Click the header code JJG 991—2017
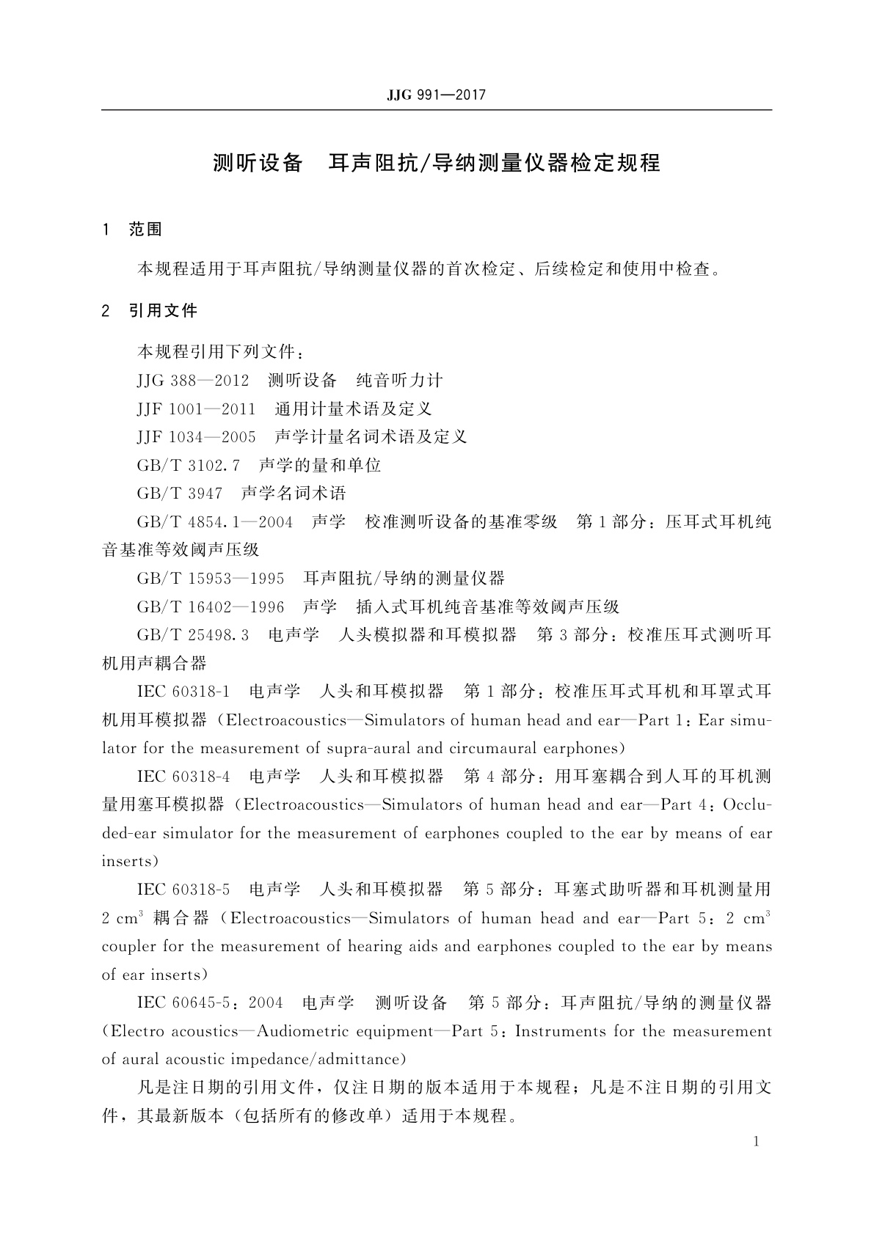click(436, 95)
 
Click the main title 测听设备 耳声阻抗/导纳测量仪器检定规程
click(437, 163)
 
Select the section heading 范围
click(145, 230)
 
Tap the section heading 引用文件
click(163, 311)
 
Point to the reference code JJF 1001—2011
click(196, 409)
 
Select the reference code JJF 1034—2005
click(196, 438)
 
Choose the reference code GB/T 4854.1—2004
click(215, 523)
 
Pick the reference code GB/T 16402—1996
click(211, 607)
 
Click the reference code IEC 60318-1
click(183, 692)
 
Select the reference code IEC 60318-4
click(183, 777)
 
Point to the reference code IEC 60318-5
click(183, 890)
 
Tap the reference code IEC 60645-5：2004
click(210, 1003)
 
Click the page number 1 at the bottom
click(756, 1142)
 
